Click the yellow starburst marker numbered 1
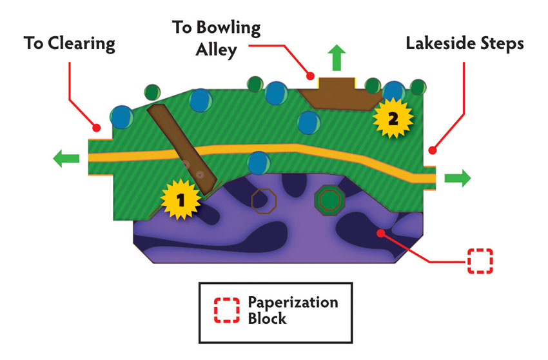click(x=181, y=199)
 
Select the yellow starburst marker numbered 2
click(x=393, y=118)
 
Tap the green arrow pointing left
click(x=66, y=158)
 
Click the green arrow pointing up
click(x=337, y=57)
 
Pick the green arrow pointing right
click(x=458, y=178)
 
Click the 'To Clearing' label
click(x=70, y=44)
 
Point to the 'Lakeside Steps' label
click(x=464, y=44)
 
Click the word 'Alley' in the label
click(x=217, y=50)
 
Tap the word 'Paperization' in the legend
click(x=293, y=303)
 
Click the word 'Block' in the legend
click(x=267, y=319)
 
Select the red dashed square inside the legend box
click(x=227, y=310)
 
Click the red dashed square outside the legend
click(x=480, y=261)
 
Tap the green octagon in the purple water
click(x=329, y=200)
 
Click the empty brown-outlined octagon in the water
click(x=264, y=201)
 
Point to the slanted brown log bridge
click(x=182, y=150)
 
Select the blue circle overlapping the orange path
click(x=259, y=163)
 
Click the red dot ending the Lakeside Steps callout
click(x=433, y=150)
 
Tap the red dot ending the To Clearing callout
click(x=97, y=128)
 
